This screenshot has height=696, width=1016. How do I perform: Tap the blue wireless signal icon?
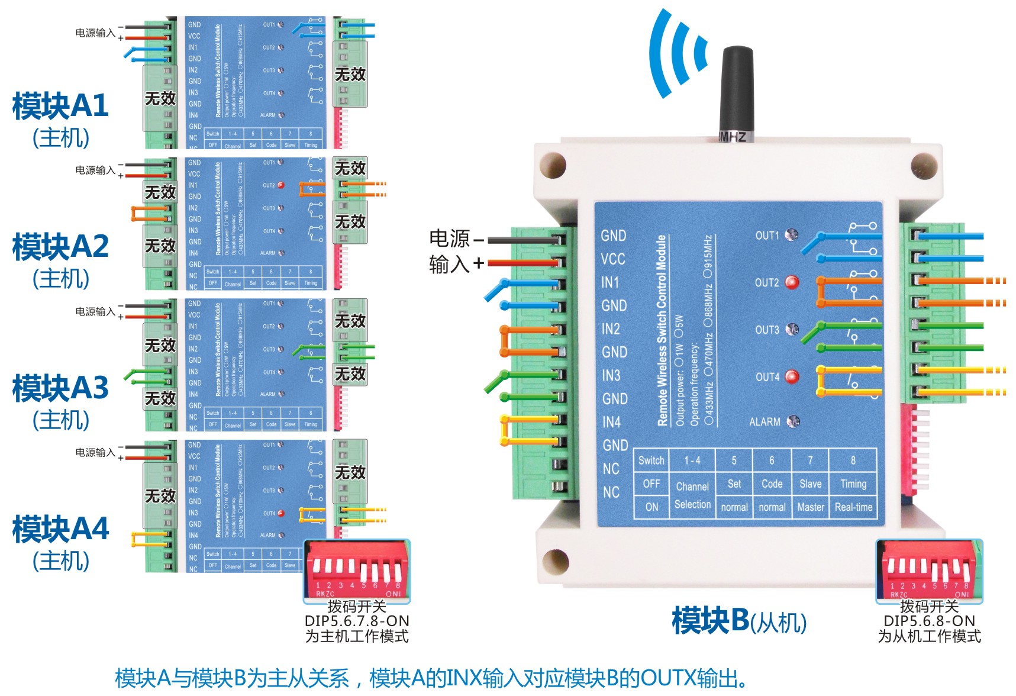678,53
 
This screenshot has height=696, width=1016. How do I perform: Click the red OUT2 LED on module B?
792,282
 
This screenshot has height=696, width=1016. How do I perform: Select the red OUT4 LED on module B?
792,376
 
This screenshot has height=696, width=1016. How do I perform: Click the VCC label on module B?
613,259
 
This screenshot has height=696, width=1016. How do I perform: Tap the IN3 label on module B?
611,375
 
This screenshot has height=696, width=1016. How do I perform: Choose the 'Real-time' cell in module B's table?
853,507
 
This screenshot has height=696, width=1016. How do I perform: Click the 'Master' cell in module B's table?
811,507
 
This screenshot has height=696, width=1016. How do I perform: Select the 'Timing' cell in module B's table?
853,484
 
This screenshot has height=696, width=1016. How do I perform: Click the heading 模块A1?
60,106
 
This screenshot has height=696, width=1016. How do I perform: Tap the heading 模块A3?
60,388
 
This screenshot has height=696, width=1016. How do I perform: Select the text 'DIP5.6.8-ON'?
929,621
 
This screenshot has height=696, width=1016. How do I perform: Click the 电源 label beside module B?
449,239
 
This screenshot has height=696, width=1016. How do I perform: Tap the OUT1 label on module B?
767,236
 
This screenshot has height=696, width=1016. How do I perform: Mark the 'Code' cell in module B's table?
772,484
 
